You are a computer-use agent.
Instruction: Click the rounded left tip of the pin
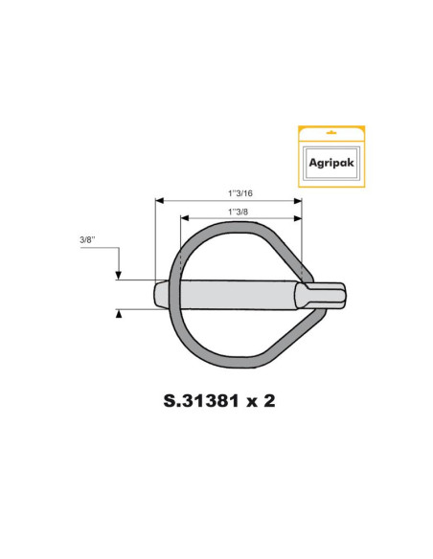pos(156,293)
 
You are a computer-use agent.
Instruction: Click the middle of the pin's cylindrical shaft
pos(235,293)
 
